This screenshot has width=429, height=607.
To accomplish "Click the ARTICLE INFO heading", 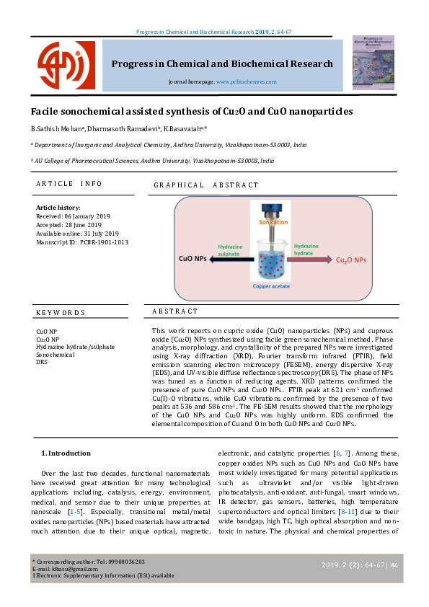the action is coord(68,185).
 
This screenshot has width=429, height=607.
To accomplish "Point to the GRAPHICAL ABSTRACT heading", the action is coord(205,186).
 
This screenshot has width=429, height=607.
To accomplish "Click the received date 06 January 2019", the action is coord(69,216).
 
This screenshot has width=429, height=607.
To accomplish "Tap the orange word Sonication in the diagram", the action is coord(273,223).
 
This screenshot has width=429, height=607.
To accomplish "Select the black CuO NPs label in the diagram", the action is coord(195,258).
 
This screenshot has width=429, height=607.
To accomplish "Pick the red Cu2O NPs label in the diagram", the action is coord(351,259).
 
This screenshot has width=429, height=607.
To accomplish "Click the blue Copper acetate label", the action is coord(272,286).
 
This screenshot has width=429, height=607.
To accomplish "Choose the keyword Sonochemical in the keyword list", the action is coord(55,355).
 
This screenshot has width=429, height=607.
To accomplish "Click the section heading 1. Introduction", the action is coord(66,453).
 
